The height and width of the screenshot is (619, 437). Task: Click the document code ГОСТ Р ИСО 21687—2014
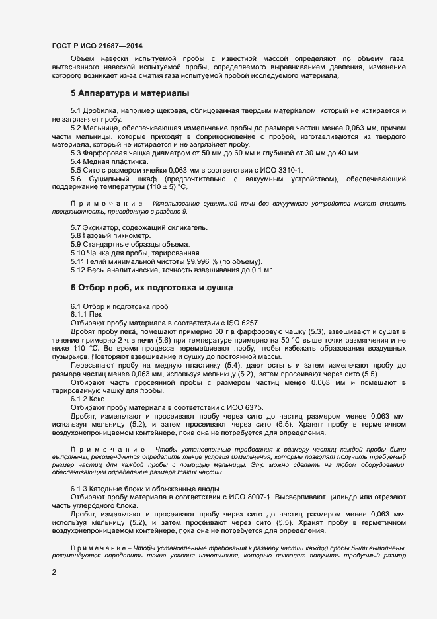click(97, 46)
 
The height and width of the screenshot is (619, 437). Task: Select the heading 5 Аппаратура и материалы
click(130, 93)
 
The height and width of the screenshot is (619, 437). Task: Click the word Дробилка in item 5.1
click(103, 109)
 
